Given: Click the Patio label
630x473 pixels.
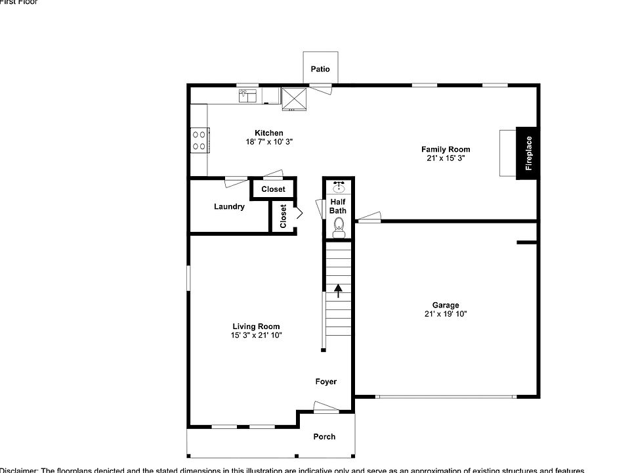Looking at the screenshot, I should point(320,69).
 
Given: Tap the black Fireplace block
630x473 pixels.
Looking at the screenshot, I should point(528,152).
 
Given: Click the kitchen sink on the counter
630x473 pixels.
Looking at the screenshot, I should point(247,97).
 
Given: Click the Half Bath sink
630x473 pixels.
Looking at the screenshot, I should point(339,187).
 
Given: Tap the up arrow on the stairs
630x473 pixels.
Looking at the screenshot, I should point(339,290).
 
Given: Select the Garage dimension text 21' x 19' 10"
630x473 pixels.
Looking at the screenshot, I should point(446,314).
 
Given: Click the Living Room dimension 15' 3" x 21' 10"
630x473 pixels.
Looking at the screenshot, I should point(256,335).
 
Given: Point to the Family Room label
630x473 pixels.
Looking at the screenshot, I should point(446,149).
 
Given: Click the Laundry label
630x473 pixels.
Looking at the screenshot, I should point(229,206).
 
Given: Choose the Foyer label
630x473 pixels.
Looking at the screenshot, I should point(325,382).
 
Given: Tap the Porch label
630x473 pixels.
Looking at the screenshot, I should point(324,436).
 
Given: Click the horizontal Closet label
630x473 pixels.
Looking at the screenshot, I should point(273,189).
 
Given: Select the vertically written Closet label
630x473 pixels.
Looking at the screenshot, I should point(283,216).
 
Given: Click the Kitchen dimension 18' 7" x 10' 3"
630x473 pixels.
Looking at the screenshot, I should point(269,141).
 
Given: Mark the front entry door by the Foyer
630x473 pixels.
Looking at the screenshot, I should point(326,409).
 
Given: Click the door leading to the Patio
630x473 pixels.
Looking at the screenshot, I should point(321,88).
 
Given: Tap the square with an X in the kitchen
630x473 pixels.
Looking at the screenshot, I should point(294,99).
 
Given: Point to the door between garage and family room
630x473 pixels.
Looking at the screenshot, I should point(369,217).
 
